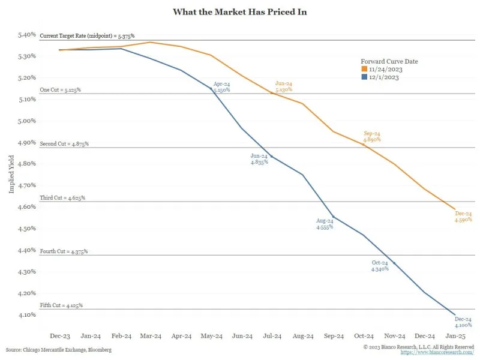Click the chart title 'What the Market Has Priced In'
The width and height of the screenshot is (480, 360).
(x=239, y=12)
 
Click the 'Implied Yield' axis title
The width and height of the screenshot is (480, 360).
(x=11, y=175)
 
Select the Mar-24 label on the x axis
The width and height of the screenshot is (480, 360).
(x=150, y=337)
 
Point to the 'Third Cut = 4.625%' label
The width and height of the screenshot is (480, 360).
(x=62, y=197)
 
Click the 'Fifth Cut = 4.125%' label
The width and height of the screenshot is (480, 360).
(x=61, y=305)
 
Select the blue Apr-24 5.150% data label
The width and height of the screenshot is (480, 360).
(x=221, y=86)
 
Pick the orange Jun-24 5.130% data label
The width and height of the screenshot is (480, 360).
(x=284, y=86)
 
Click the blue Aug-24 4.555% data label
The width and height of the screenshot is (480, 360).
(x=325, y=224)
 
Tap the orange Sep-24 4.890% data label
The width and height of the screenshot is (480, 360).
(x=372, y=136)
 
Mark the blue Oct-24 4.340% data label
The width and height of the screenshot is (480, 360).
(x=380, y=266)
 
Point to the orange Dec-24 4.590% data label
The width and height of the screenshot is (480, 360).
(x=463, y=217)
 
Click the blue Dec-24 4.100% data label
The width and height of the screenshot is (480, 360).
(x=463, y=322)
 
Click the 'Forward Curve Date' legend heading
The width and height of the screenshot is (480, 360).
(x=389, y=61)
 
